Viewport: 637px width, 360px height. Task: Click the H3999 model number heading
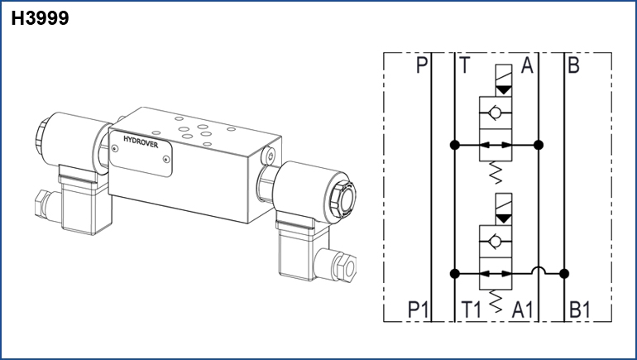[x=40, y=18]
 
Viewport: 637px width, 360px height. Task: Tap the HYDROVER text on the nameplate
[x=141, y=142]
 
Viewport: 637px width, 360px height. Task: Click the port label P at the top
[x=422, y=65]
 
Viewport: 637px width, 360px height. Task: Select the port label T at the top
[x=464, y=65]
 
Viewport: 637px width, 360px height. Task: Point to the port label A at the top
[x=527, y=65]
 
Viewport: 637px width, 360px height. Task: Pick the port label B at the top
[x=573, y=65]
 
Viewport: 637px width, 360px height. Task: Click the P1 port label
[x=418, y=310]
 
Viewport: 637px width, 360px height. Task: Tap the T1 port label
[x=472, y=310]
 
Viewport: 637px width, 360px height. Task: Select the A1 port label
[x=523, y=310]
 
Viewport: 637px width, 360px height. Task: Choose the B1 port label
[x=580, y=310]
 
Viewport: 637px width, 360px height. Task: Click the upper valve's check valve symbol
[x=496, y=113]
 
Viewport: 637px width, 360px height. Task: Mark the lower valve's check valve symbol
[x=496, y=242]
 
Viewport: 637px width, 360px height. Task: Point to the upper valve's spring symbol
[x=496, y=172]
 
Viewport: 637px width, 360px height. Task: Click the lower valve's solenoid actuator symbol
[x=504, y=209]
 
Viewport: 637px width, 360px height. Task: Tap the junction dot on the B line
[x=564, y=273]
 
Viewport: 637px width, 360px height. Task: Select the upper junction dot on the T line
[x=455, y=145]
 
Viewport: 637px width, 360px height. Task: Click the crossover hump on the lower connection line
[x=539, y=270]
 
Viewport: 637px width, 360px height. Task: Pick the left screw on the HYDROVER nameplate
[x=115, y=149]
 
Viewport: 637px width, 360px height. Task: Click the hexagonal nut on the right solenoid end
[x=342, y=199]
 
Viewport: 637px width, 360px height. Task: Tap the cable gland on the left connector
[x=44, y=205]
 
